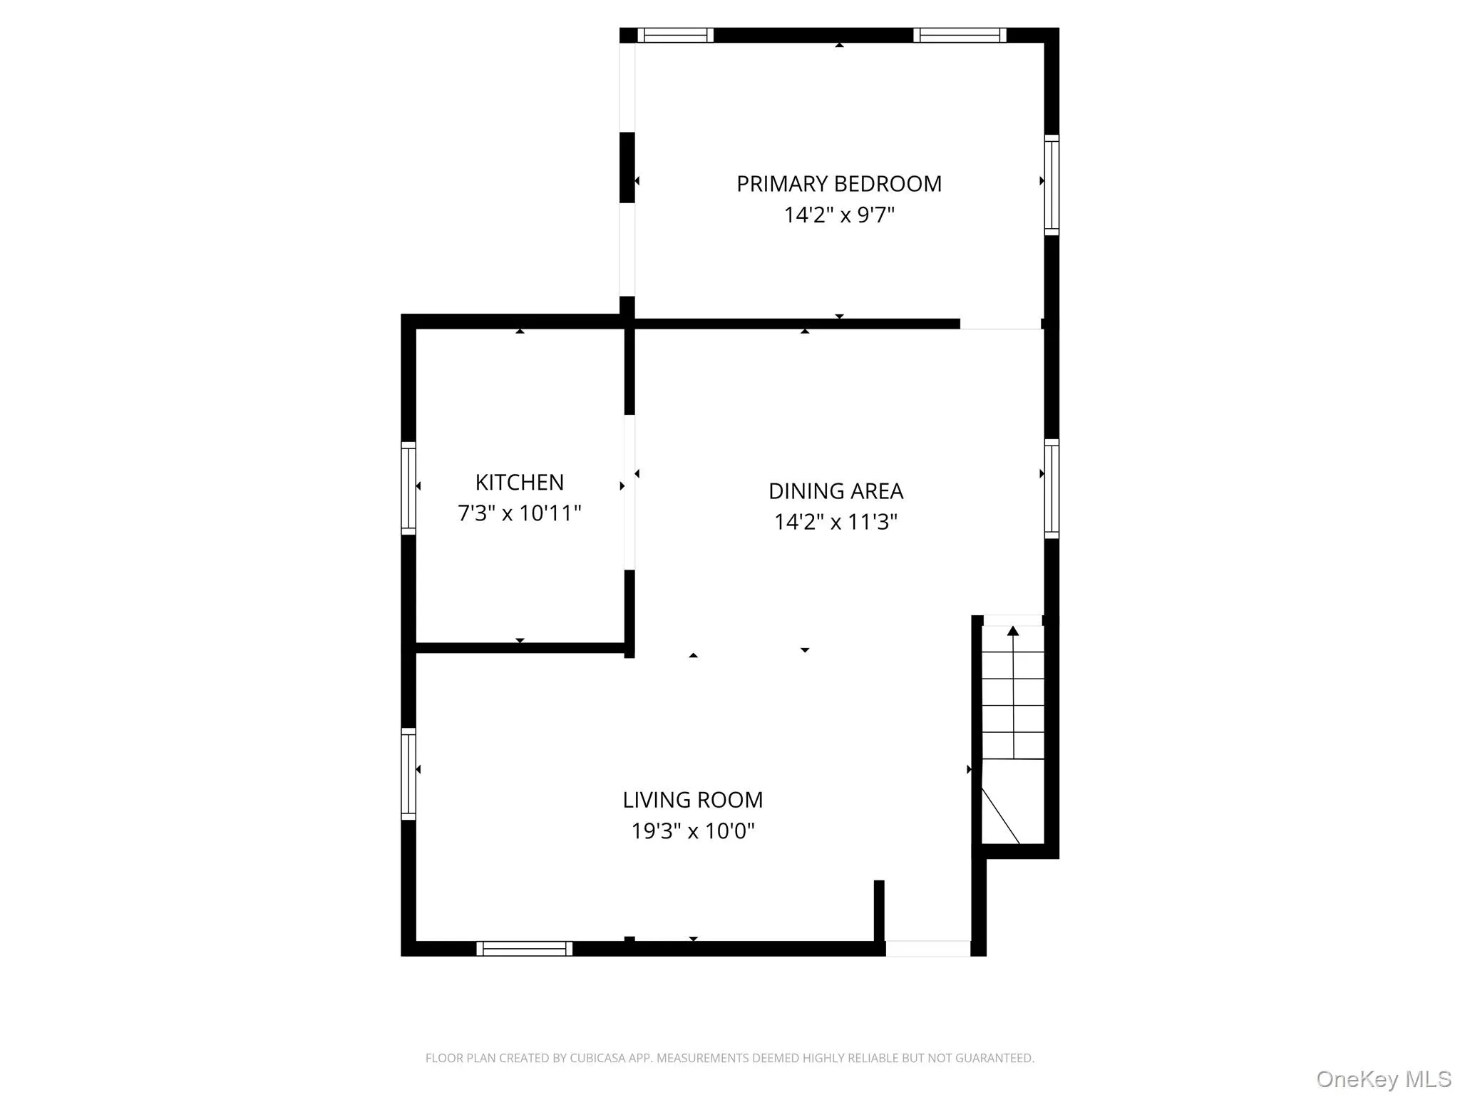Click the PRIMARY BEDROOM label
[838, 184]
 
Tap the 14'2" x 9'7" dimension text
[838, 215]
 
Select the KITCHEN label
[519, 483]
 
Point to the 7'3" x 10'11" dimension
[519, 513]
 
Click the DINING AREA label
[836, 491]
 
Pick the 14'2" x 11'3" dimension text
[836, 522]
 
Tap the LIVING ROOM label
[692, 800]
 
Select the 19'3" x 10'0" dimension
[692, 831]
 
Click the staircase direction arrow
[1012, 631]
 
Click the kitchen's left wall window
[408, 488]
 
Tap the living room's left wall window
[408, 773]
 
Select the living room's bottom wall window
[524, 948]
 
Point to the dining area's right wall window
[1052, 488]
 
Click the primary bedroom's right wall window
[1052, 185]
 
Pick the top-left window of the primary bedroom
[675, 36]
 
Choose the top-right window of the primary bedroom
[960, 36]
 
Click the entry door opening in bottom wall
[927, 948]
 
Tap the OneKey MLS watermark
[1383, 1079]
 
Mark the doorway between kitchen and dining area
[629, 492]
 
